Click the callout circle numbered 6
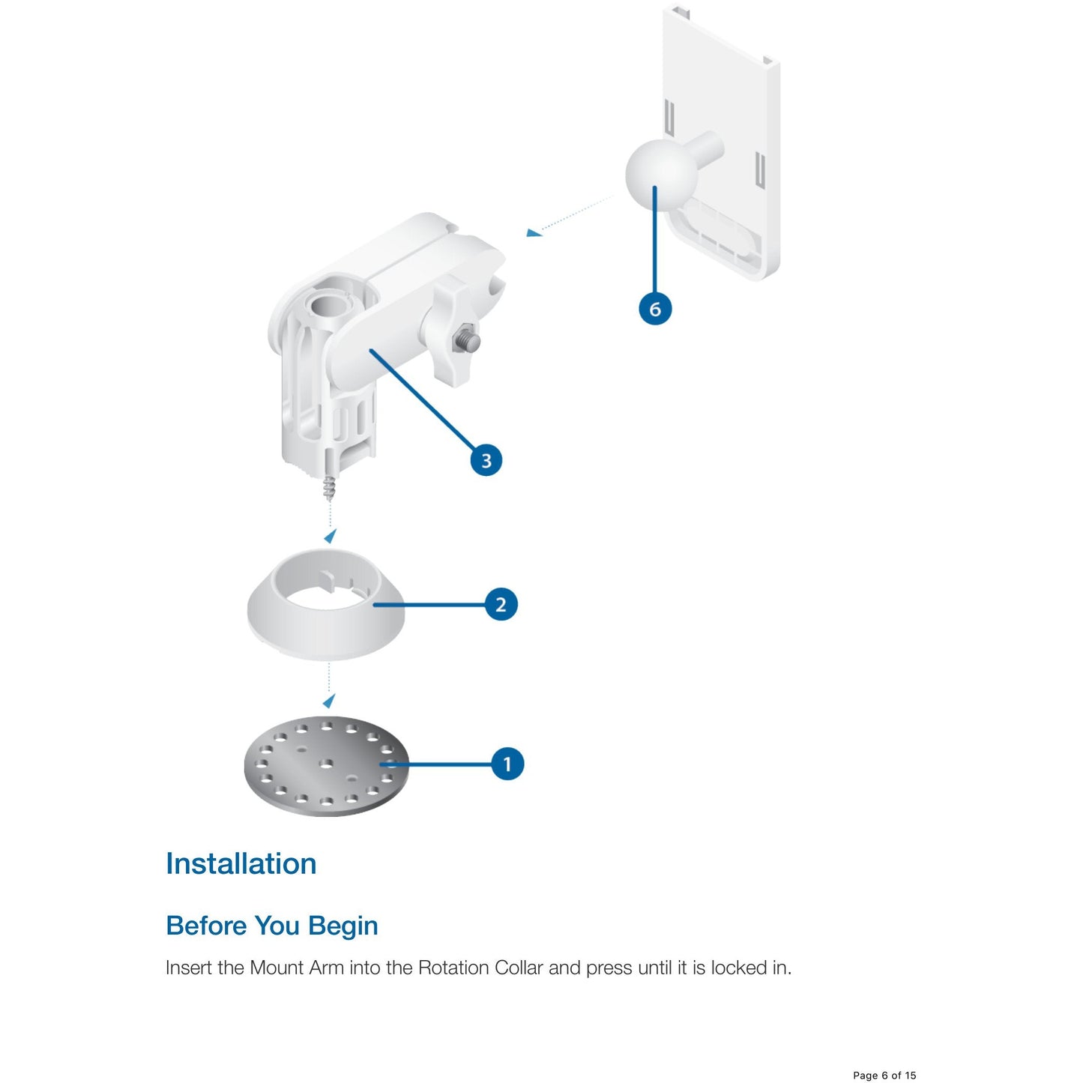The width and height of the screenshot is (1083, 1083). pyautogui.click(x=655, y=309)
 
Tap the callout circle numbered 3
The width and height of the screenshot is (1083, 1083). pyautogui.click(x=486, y=459)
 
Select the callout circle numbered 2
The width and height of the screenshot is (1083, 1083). pyautogui.click(x=500, y=604)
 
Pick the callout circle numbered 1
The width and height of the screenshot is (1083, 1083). pyautogui.click(x=507, y=764)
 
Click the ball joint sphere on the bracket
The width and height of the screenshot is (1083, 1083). pyautogui.click(x=661, y=175)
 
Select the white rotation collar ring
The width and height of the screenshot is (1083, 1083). pyautogui.click(x=326, y=604)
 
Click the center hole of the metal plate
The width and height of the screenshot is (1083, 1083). pyautogui.click(x=325, y=763)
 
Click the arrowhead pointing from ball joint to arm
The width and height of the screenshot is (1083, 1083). pyautogui.click(x=534, y=232)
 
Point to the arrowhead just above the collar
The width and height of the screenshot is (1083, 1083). pyautogui.click(x=331, y=536)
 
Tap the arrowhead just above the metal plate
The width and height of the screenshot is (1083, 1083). pyautogui.click(x=329, y=700)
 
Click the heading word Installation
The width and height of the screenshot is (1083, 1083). pyautogui.click(x=241, y=863)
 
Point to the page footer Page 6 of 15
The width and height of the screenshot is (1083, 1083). pyautogui.click(x=884, y=1076)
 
